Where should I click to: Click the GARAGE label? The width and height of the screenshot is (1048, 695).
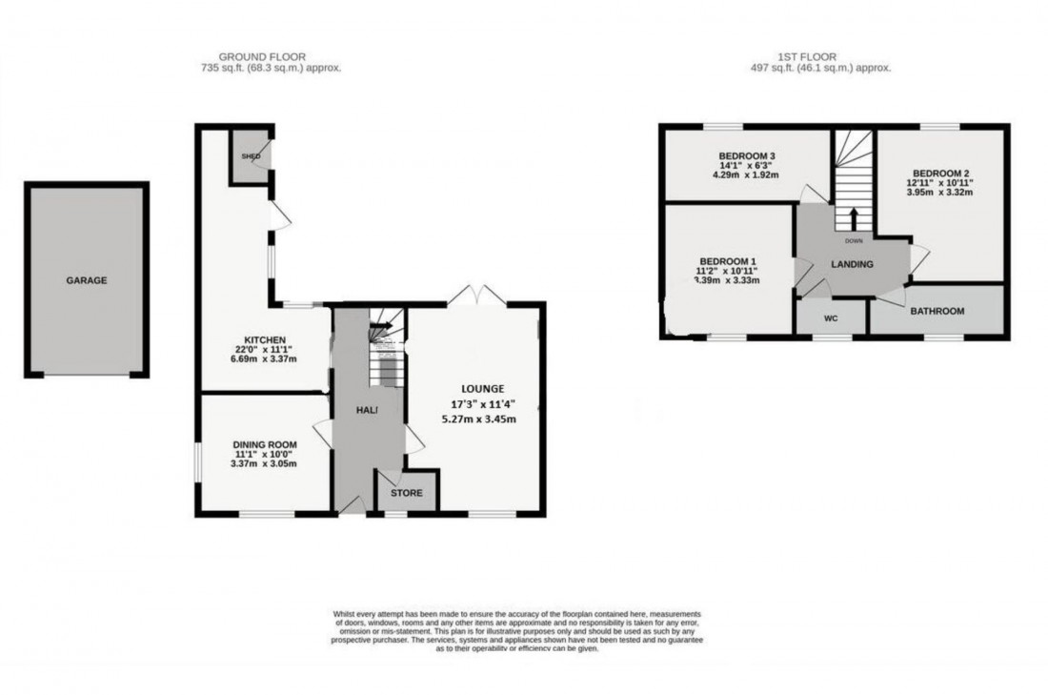86,281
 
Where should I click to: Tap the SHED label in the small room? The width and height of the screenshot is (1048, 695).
251,156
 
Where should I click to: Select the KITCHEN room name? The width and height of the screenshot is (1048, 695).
264,339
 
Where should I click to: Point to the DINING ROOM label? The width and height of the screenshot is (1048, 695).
265,443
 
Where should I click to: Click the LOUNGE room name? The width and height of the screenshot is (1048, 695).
482,388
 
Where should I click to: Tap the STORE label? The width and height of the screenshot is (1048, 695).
407,493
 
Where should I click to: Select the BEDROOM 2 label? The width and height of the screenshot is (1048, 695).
938,170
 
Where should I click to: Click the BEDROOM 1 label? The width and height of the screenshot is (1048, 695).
728,260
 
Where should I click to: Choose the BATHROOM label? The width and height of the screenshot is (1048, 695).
937,311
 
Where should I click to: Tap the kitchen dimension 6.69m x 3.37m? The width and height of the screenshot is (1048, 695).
265,358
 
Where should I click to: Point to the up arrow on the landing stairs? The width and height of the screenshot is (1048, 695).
853,217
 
